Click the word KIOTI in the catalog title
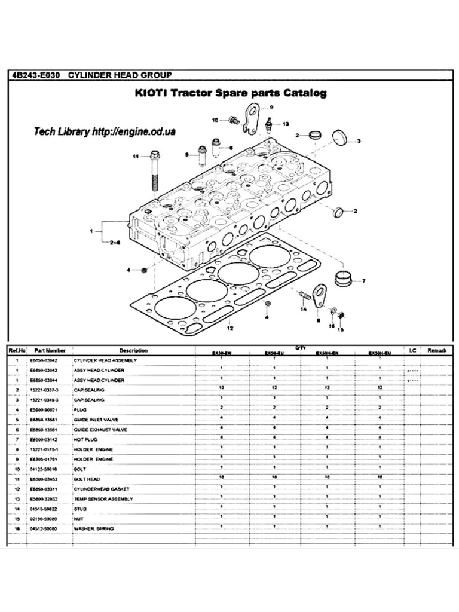click(152, 94)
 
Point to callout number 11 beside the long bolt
click(136, 156)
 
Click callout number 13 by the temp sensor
click(285, 124)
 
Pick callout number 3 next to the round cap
click(359, 142)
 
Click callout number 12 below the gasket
click(229, 328)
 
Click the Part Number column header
click(50, 350)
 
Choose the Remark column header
click(437, 350)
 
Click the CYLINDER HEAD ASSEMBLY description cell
click(105, 361)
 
